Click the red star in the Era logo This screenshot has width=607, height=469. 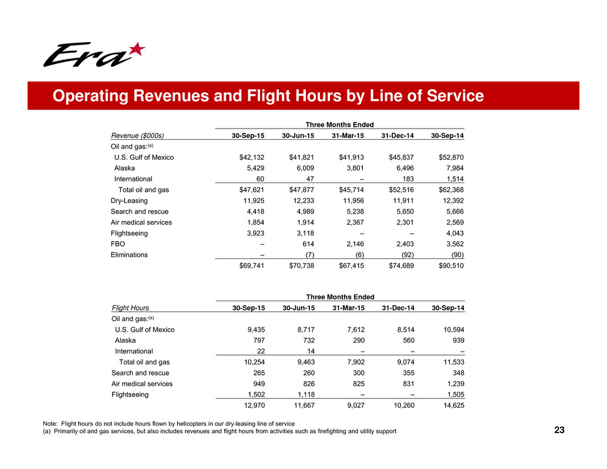tap(136, 51)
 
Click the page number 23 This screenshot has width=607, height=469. tap(559, 431)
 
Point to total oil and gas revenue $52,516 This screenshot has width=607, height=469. tap(402, 190)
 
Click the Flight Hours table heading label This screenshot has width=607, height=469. tap(130, 308)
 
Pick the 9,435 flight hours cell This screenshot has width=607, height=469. tap(254, 329)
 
